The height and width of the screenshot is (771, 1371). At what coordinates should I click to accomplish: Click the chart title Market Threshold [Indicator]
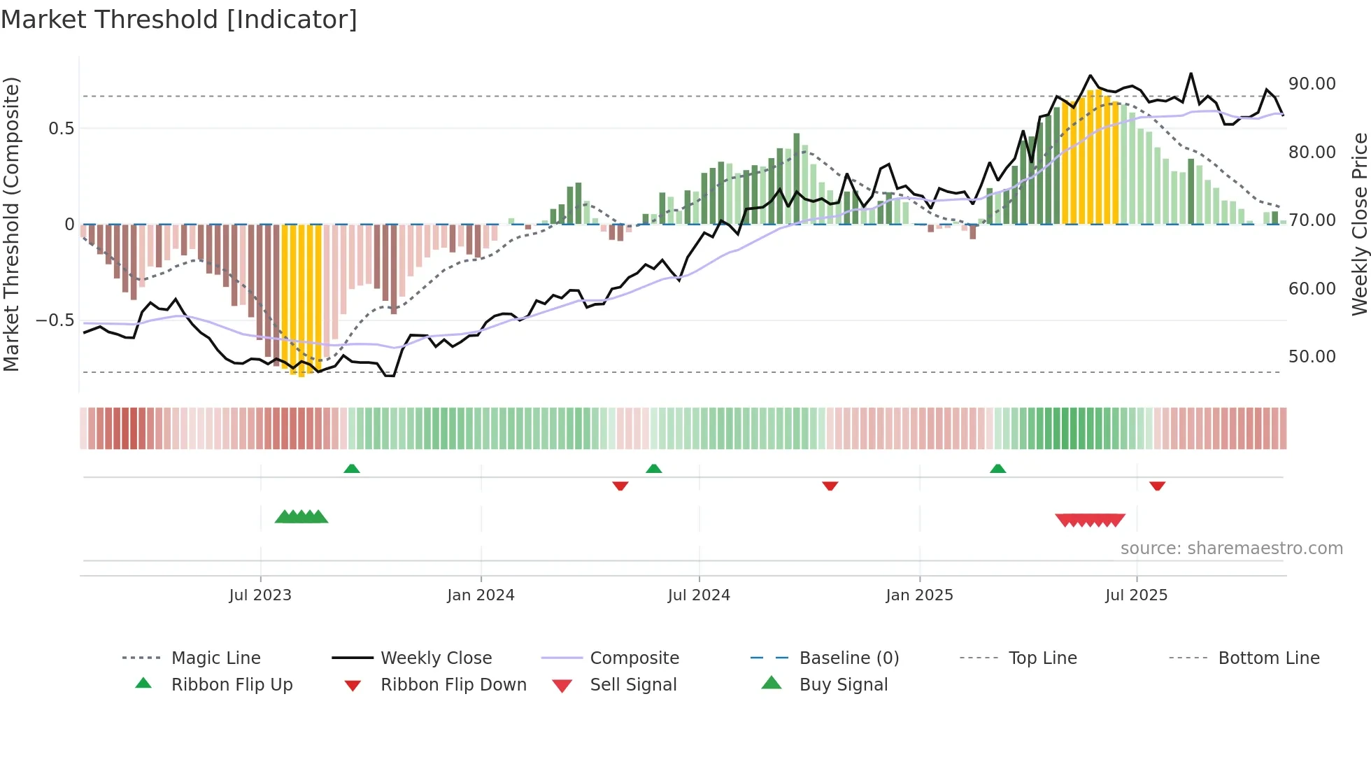pos(179,20)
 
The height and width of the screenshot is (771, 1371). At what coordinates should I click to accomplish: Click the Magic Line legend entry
pos(215,658)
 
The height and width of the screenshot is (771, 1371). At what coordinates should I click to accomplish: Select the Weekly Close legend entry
pos(436,658)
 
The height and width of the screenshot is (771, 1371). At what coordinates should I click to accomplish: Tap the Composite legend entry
pos(634,658)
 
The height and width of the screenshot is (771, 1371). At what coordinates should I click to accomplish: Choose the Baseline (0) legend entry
pos(848,658)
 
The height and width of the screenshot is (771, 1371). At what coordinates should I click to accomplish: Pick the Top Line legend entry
pos(1042,658)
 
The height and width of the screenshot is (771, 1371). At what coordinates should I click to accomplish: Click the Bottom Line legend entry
pos(1268,658)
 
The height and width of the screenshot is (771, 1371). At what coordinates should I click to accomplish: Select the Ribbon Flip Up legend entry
pos(232,685)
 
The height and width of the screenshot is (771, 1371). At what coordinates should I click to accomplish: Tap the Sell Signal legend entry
pos(633,685)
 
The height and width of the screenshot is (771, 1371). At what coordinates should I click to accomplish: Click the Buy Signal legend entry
pos(843,685)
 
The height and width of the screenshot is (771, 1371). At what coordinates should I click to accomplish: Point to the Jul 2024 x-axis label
pos(699,595)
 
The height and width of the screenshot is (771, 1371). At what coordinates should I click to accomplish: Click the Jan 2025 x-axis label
pos(919,595)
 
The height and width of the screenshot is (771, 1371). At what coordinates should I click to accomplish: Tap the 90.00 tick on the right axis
pos(1312,84)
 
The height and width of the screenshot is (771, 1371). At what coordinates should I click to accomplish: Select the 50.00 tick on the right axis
pos(1312,357)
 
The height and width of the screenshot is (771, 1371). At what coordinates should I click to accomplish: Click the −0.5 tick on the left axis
pos(55,320)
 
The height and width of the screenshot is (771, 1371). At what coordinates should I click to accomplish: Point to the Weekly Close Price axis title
pos(1359,224)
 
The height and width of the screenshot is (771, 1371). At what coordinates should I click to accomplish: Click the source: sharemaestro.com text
pos(1231,549)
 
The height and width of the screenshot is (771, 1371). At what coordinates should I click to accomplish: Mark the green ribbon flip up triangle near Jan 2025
pos(997,469)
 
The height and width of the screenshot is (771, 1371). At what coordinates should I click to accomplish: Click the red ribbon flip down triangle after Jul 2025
pos(1157,486)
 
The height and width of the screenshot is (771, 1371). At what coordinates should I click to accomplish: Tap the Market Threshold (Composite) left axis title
pos(11,224)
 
